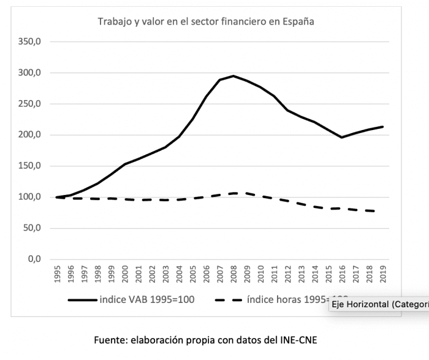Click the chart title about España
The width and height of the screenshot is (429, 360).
(206, 21)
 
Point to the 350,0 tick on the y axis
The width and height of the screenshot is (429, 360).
(30, 42)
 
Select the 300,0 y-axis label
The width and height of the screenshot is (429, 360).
(30, 73)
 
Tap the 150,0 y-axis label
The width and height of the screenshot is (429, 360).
(30, 166)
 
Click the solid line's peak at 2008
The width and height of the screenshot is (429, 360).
(233, 76)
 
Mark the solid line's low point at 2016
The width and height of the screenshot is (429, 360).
(341, 137)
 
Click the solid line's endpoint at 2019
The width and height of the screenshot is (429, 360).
(382, 127)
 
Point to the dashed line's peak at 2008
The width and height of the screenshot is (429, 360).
(233, 193)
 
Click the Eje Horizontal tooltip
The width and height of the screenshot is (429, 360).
(379, 305)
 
